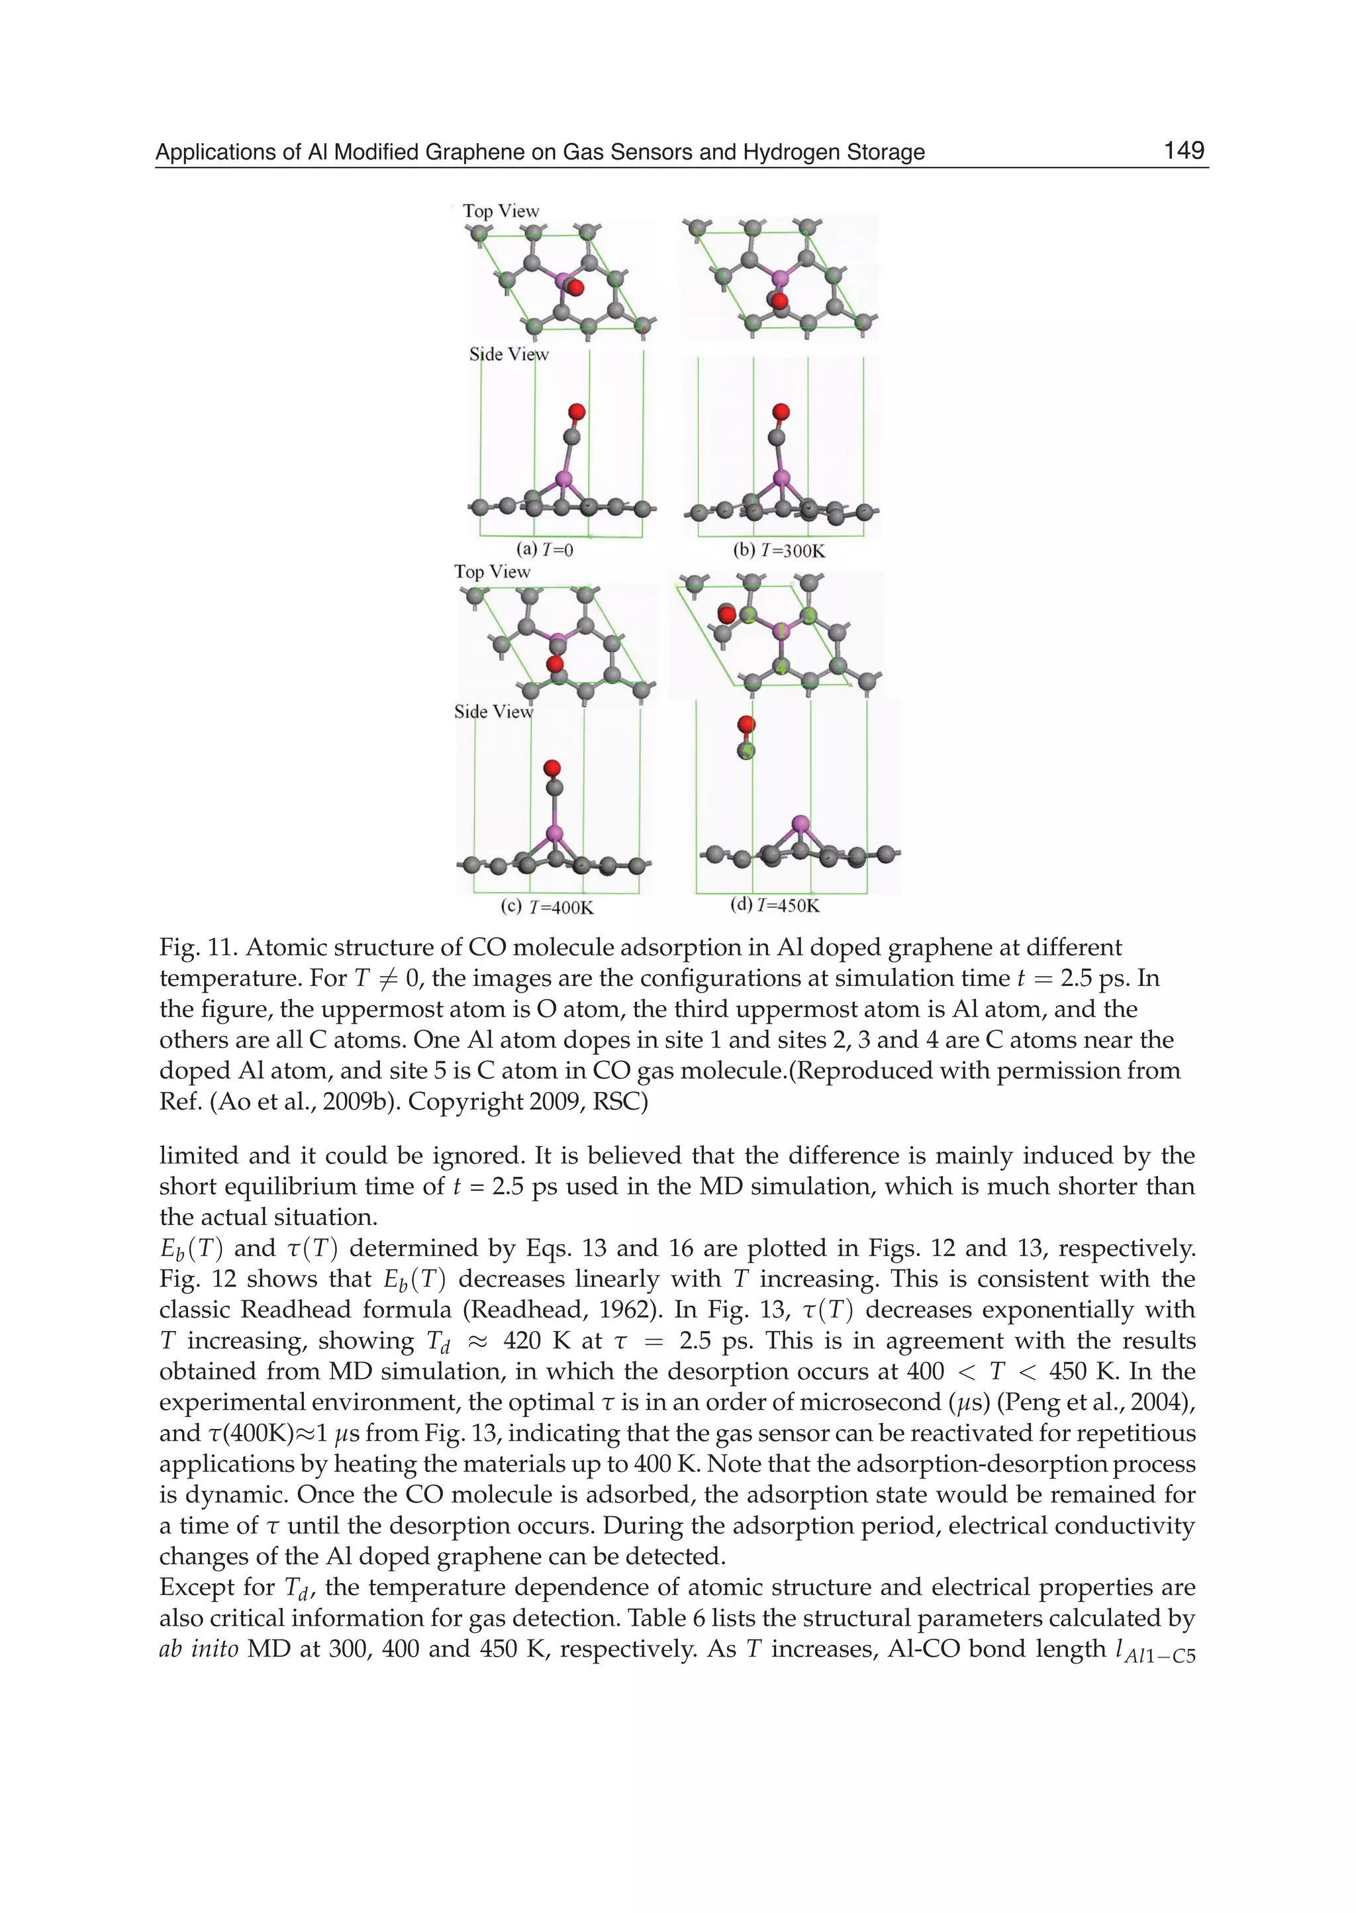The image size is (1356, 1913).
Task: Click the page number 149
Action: (1183, 151)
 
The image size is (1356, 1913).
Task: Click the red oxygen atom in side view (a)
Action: (576, 412)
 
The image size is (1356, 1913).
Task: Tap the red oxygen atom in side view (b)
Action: (781, 412)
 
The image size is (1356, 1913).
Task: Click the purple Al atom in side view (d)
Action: (800, 825)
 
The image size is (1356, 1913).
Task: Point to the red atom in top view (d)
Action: (727, 614)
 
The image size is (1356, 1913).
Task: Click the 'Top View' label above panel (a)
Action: (501, 211)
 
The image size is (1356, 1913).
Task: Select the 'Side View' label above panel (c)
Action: (493, 711)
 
